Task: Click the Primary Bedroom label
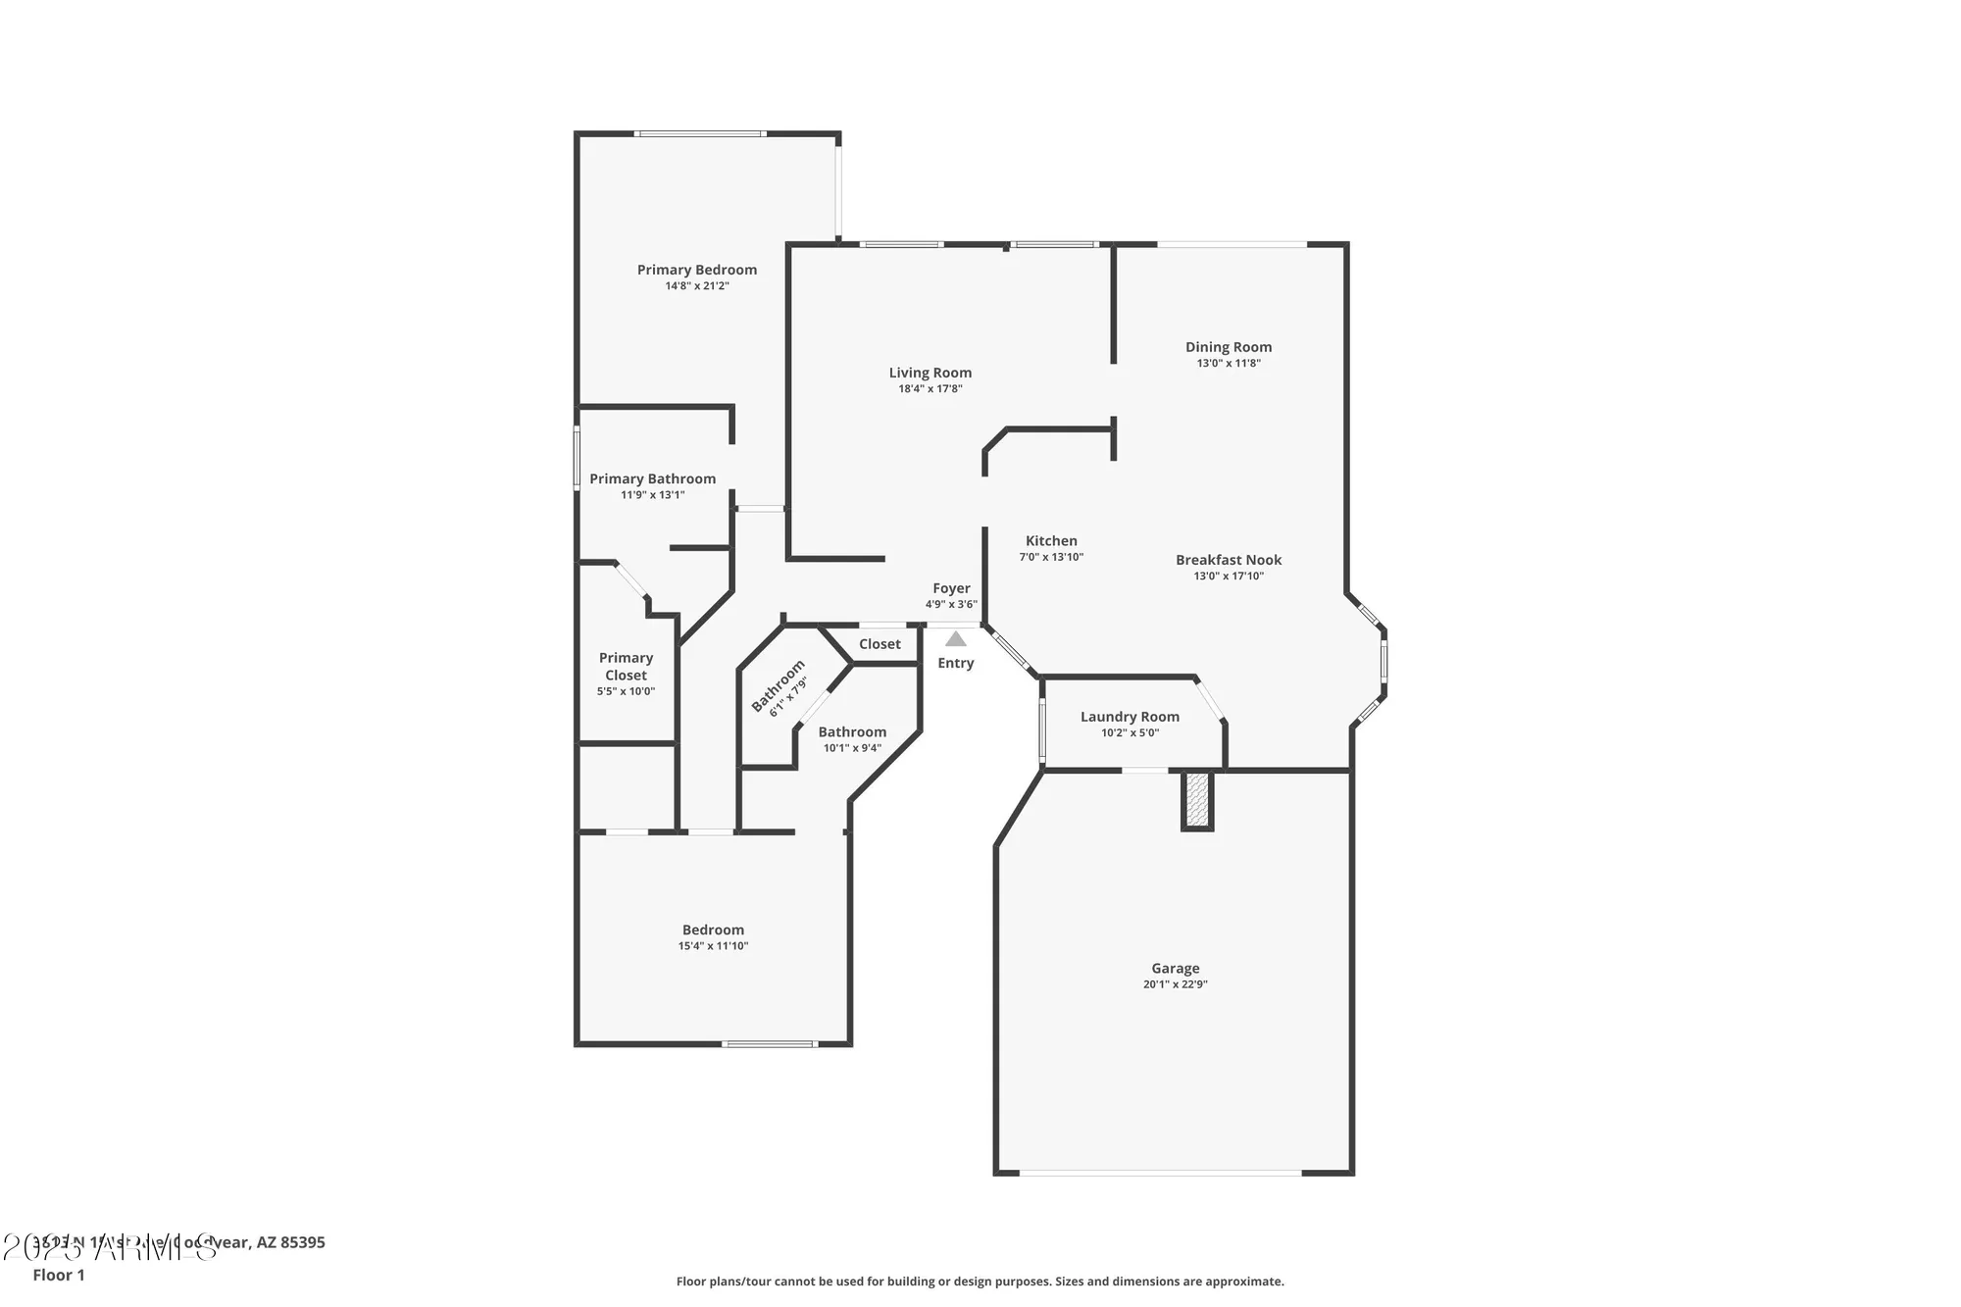(696, 270)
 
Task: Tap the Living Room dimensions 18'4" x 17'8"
(930, 389)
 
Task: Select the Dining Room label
(1228, 347)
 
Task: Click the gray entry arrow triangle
(955, 639)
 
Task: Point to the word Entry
(955, 664)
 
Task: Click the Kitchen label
(1051, 541)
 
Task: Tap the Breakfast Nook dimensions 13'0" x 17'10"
(1228, 577)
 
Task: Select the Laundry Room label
(1130, 717)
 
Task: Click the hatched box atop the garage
(1196, 799)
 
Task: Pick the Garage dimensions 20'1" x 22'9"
(1175, 984)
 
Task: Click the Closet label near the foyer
(880, 644)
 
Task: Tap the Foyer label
(951, 588)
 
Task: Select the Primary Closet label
(626, 667)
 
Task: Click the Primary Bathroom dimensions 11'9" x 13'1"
(652, 495)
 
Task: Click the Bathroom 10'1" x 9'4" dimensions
(852, 748)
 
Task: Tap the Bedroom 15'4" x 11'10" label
(713, 930)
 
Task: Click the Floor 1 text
(59, 1275)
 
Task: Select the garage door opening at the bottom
(1160, 1173)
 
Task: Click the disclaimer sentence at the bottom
(980, 1282)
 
